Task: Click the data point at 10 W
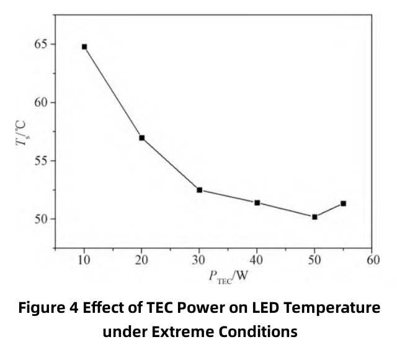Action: (x=84, y=47)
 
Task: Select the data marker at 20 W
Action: (x=142, y=138)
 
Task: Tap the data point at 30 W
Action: (x=200, y=190)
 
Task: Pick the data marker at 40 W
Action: (x=257, y=203)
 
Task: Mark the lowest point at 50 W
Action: (x=314, y=217)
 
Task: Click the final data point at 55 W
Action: (x=343, y=204)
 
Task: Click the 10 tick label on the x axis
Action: (x=84, y=260)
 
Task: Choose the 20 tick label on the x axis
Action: (x=142, y=260)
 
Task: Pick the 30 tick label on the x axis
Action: (x=200, y=260)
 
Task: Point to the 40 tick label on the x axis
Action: (x=257, y=260)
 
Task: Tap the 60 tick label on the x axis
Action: (x=372, y=260)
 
